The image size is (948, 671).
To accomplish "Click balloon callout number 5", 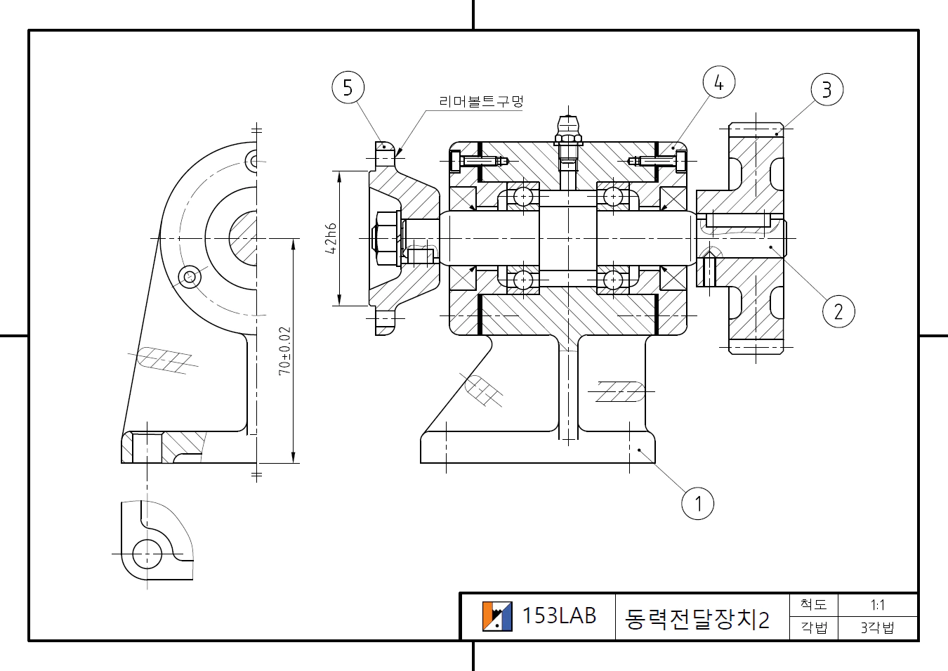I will pos(348,88).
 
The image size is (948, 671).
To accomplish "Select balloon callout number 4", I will pos(718,82).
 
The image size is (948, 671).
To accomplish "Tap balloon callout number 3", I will pos(827,89).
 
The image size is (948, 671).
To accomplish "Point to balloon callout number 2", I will pos(838,311).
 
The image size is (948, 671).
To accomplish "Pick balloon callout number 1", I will pos(697,503).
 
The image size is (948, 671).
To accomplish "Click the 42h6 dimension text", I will pos(330,238).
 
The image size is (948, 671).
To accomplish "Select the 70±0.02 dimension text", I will pos(284,351).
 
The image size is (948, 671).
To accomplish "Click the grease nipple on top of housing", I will pos(568,130).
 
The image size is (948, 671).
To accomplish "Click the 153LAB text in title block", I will pos(559,616).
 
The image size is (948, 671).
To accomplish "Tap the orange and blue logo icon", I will pos(497,616).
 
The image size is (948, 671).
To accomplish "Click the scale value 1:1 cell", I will pos(877,605).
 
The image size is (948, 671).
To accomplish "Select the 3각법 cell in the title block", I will pos(877,627).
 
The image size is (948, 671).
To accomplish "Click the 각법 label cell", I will pos(814,627).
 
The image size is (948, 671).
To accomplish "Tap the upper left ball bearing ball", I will pos(523,196).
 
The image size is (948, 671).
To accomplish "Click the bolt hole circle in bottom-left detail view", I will pos(147,554).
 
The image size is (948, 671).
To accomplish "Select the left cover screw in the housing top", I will pos(478,161).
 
